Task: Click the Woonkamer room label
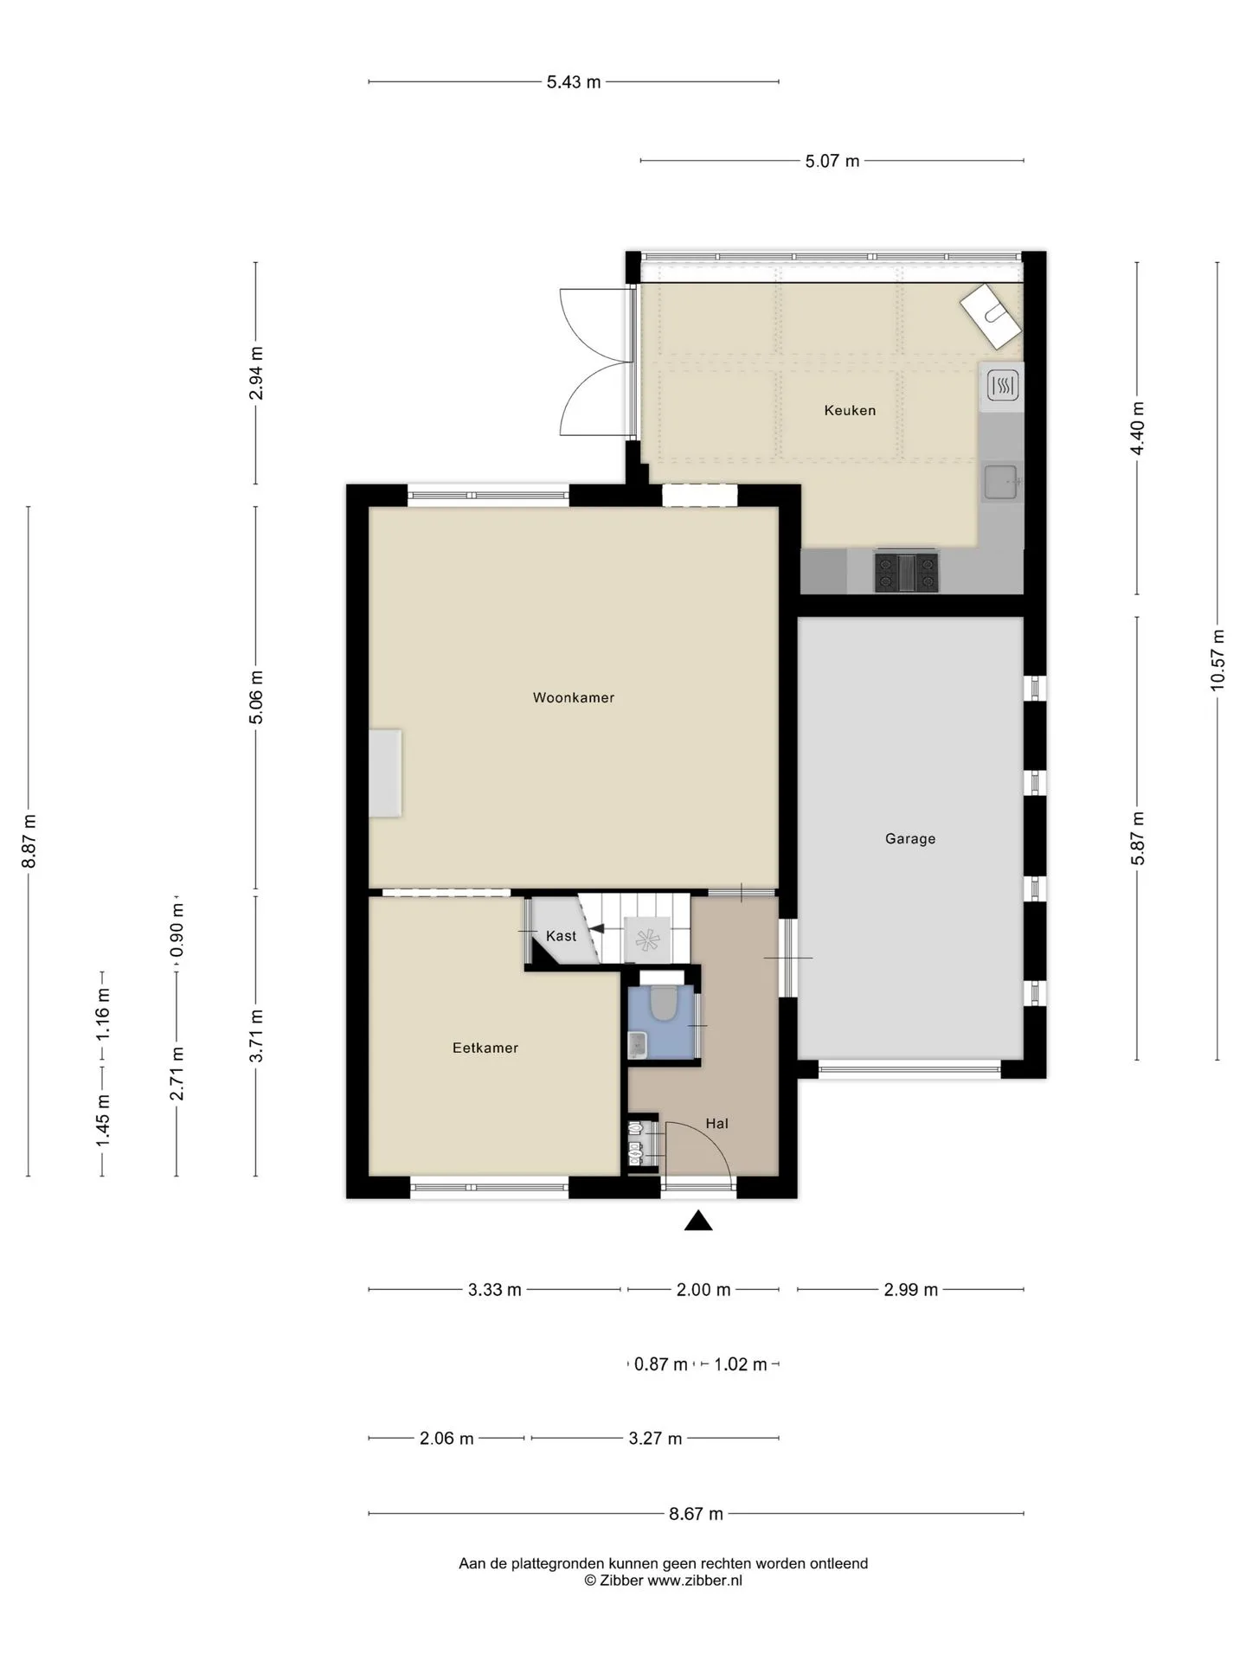(x=573, y=697)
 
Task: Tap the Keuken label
(x=850, y=410)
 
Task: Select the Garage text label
(x=910, y=838)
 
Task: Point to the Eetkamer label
(x=485, y=1048)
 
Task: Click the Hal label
(x=716, y=1124)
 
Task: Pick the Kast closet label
(x=561, y=935)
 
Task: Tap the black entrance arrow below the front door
(x=698, y=1221)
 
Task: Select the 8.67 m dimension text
(x=696, y=1514)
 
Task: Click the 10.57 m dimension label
(x=1217, y=659)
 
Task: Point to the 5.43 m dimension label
(x=574, y=82)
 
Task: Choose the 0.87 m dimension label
(x=661, y=1364)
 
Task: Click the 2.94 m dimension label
(x=256, y=373)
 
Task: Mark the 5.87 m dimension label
(x=1138, y=838)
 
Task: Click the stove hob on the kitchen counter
(x=906, y=572)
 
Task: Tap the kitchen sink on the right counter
(x=1002, y=482)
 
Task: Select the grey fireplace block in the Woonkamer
(x=385, y=773)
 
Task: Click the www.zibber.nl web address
(x=695, y=1581)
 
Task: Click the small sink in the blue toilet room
(x=638, y=1045)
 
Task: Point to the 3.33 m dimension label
(x=495, y=1290)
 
